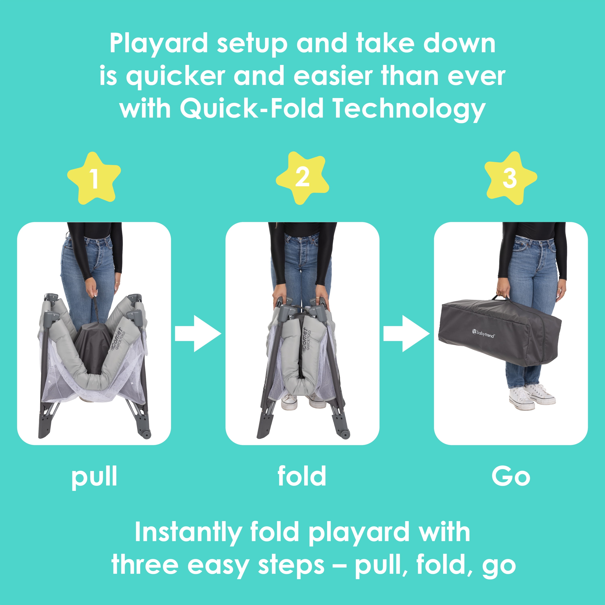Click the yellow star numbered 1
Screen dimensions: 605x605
(x=94, y=178)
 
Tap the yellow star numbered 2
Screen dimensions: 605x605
(x=302, y=178)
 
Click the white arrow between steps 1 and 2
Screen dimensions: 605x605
(x=198, y=334)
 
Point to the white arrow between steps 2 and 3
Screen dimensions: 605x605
(x=407, y=334)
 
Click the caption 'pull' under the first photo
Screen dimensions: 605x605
(x=94, y=477)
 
